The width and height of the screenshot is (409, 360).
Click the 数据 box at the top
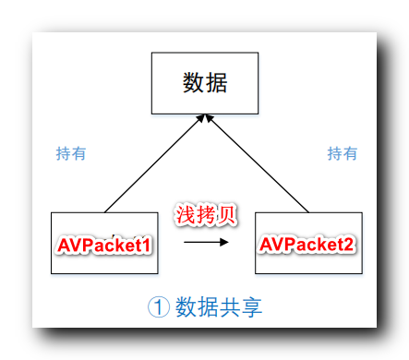205,83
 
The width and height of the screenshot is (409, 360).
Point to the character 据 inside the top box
217,83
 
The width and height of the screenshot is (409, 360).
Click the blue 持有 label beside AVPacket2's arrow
343,153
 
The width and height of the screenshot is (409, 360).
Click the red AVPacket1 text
104,246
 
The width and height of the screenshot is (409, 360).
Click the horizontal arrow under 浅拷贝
205,244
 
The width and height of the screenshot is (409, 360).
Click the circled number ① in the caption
159,306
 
